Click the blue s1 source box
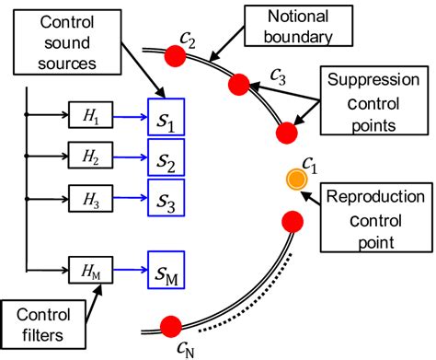[x=166, y=117]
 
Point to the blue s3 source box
[x=166, y=197]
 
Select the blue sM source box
[x=166, y=269]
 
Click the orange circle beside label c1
[x=295, y=180]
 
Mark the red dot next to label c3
[x=239, y=86]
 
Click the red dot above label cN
[x=171, y=326]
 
